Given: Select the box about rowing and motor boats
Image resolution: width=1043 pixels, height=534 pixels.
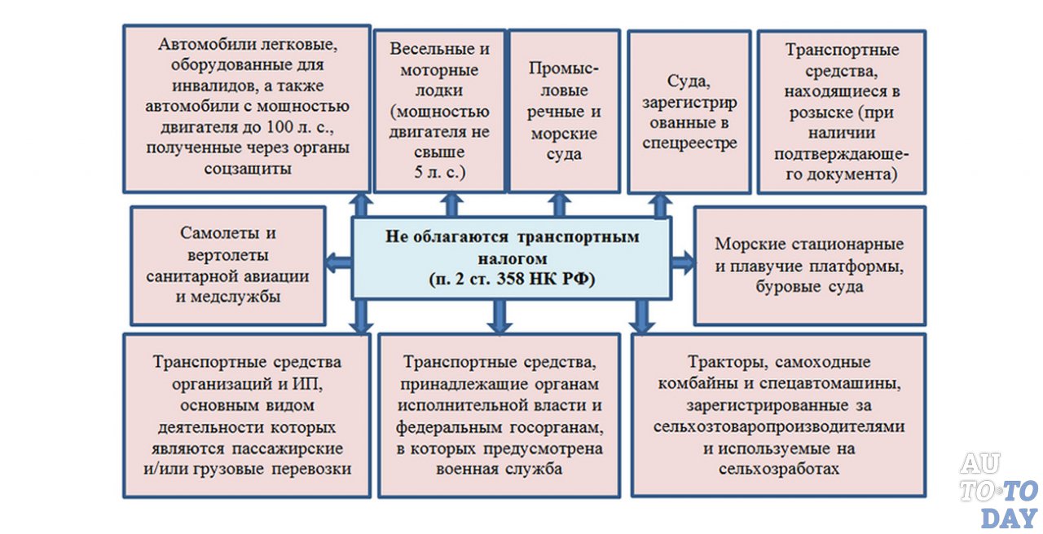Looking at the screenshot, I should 438,111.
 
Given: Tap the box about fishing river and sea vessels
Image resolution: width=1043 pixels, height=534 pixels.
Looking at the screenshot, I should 564,111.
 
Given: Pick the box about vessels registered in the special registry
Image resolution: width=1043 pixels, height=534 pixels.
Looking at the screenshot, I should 689,112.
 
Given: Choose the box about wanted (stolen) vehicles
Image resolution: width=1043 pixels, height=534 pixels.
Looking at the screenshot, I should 842,112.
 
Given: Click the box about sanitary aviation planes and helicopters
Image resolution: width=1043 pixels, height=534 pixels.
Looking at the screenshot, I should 228,265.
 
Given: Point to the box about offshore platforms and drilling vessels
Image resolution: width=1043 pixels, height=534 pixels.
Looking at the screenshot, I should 809,265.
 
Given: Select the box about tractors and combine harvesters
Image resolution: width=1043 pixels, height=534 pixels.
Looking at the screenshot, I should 778,414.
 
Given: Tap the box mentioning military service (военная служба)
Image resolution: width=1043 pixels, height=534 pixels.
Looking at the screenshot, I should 499,414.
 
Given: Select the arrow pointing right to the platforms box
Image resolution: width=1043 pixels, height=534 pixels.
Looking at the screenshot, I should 683,262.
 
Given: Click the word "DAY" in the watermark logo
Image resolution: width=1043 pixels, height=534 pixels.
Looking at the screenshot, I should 1008,516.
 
